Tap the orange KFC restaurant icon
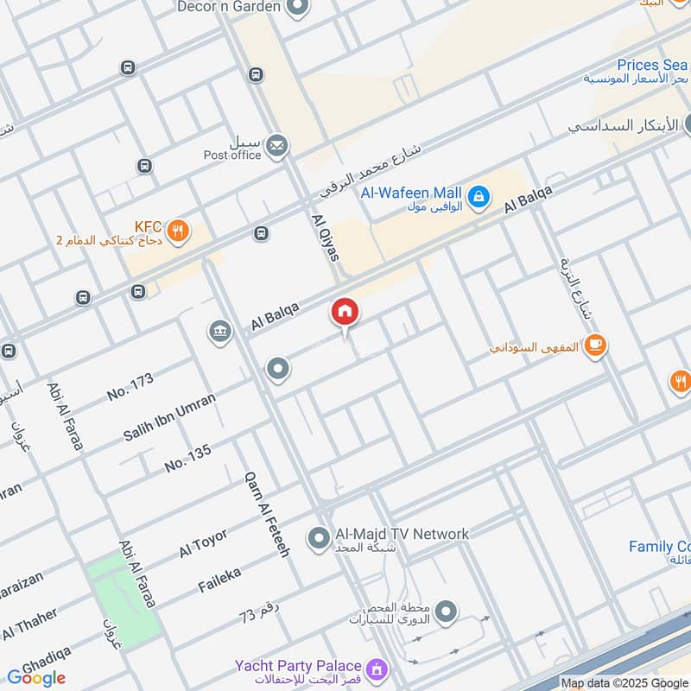(177, 231)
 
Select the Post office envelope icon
(276, 146)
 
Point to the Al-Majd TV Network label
(402, 534)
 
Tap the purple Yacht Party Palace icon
(376, 669)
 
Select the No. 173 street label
(130, 387)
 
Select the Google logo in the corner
(36, 678)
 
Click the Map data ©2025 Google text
(624, 682)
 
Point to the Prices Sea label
(652, 65)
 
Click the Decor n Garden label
(228, 7)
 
